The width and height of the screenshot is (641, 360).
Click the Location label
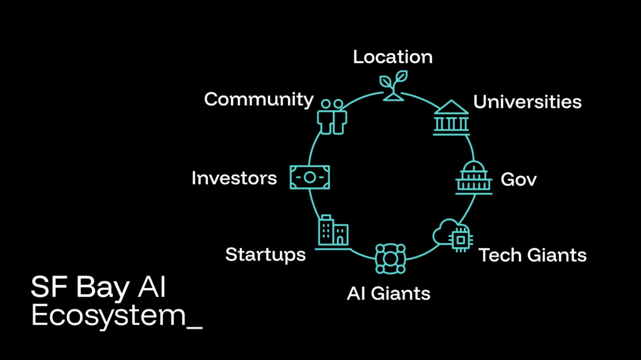click(x=392, y=57)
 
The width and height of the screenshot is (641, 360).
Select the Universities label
click(x=527, y=101)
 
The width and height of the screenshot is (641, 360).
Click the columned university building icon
click(x=451, y=118)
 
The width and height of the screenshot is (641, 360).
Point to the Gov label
click(x=518, y=180)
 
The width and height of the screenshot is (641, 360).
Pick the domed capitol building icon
click(x=473, y=177)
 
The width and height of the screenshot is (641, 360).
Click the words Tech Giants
click(x=532, y=255)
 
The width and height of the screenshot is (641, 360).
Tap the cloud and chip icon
click(x=453, y=235)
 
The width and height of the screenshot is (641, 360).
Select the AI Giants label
click(x=388, y=293)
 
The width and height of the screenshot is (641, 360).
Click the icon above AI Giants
click(x=390, y=259)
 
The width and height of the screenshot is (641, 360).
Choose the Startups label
click(x=265, y=255)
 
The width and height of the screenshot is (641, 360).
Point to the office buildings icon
click(x=332, y=232)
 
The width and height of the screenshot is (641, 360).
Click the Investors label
click(x=233, y=178)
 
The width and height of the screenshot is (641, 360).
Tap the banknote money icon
click(x=309, y=177)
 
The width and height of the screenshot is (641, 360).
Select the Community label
click(x=259, y=99)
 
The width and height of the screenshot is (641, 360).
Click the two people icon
click(x=332, y=116)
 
